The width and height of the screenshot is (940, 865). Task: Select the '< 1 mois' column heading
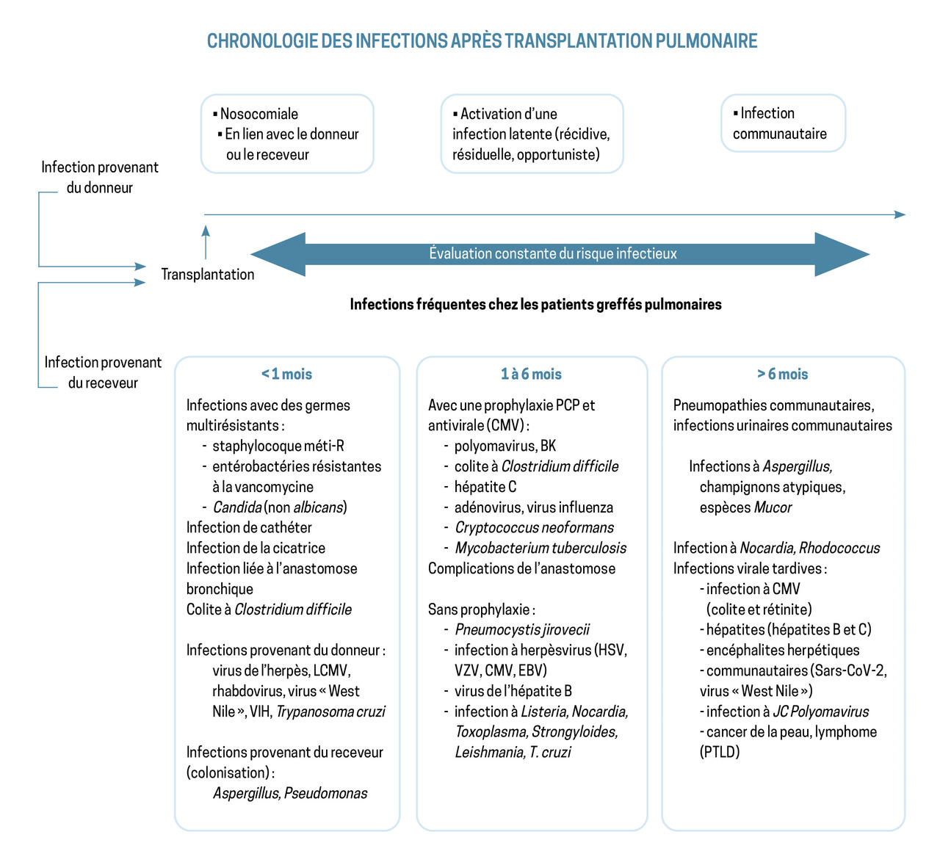pyautogui.click(x=286, y=374)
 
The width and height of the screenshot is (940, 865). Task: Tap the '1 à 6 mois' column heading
pyautogui.click(x=531, y=374)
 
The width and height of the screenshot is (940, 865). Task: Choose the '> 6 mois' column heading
pyautogui.click(x=782, y=374)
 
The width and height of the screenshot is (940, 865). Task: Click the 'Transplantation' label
pyautogui.click(x=208, y=275)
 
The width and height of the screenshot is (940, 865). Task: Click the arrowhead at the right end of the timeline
pyautogui.click(x=900, y=214)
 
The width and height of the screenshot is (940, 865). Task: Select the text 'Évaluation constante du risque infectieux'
pyautogui.click(x=553, y=254)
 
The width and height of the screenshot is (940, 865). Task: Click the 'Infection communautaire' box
pyautogui.click(x=782, y=123)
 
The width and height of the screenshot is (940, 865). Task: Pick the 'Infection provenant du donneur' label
pyautogui.click(x=100, y=177)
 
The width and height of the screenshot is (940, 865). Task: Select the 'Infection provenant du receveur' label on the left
pyautogui.click(x=103, y=372)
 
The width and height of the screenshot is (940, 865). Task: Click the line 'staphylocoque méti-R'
pyautogui.click(x=278, y=446)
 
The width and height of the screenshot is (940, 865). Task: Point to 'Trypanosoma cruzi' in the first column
pyautogui.click(x=330, y=712)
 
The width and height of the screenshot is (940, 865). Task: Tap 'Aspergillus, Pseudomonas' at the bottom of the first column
pyautogui.click(x=290, y=793)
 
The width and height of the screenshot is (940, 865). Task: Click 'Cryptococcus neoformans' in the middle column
pyautogui.click(x=534, y=527)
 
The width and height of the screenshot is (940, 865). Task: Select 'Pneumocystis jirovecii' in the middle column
pyautogui.click(x=522, y=629)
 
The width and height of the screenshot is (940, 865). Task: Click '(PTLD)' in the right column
pyautogui.click(x=720, y=752)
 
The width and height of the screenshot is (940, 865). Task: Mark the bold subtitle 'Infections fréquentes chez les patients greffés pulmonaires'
pyautogui.click(x=535, y=304)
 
